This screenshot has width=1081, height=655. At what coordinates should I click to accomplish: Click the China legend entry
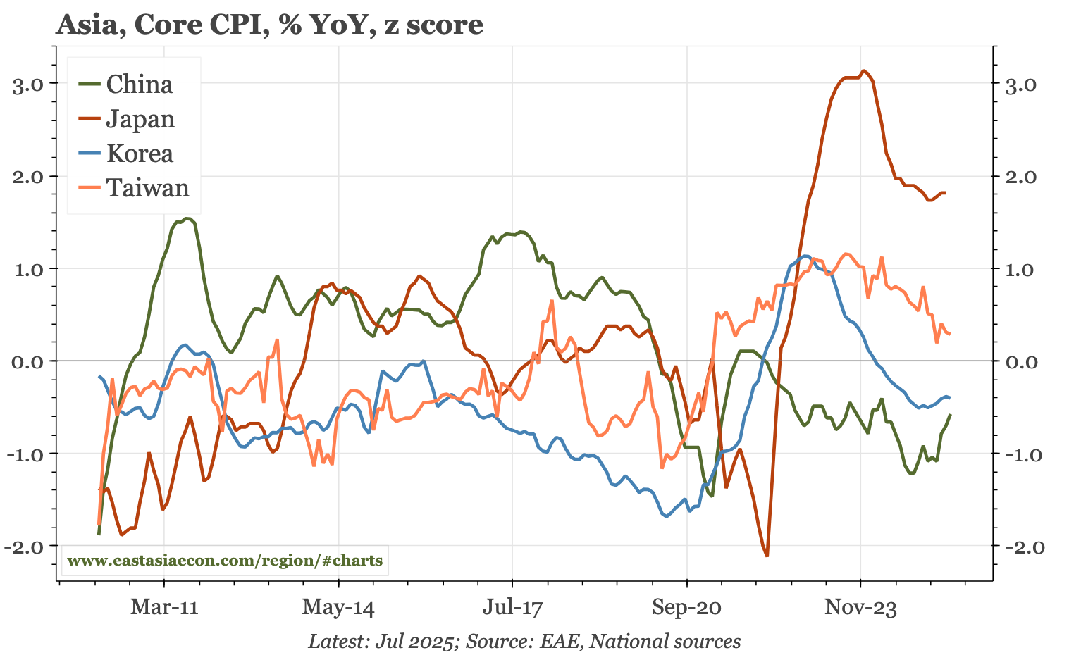tap(139, 85)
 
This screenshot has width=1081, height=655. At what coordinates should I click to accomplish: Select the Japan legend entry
tap(140, 119)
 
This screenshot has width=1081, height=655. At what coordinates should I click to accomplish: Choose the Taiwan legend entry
tap(147, 188)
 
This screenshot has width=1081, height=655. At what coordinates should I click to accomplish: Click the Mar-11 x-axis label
tap(164, 607)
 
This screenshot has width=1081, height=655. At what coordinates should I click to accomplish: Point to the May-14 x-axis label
tap(338, 607)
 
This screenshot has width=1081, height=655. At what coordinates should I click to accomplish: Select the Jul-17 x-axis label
tap(512, 607)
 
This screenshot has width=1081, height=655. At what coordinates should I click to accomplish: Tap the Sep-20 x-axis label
tap(686, 607)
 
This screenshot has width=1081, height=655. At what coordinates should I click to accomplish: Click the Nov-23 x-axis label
tap(860, 607)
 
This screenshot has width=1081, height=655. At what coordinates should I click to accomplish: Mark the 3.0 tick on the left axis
tap(29, 85)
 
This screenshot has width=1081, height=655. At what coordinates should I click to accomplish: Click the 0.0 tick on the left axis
tap(29, 362)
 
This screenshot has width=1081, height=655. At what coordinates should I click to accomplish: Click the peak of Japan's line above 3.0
tap(864, 70)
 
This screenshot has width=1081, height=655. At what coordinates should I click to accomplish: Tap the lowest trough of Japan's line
tap(767, 556)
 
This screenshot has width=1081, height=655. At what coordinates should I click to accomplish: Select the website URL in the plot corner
tap(225, 561)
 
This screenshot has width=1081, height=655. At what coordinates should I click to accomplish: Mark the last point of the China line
tap(950, 415)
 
